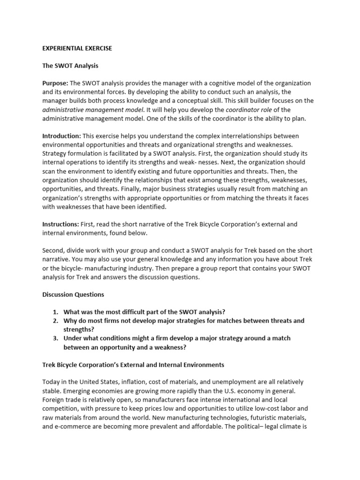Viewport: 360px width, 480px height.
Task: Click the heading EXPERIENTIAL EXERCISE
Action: pos(77,48)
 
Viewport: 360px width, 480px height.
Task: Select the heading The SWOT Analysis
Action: pos(70,66)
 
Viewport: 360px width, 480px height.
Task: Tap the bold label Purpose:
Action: pos(55,83)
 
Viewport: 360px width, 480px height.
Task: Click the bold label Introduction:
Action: pos(61,136)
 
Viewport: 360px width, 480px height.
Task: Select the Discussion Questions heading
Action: pos(73,295)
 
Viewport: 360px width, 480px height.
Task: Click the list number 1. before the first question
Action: pos(55,312)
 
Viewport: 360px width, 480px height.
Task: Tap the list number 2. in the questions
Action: pos(55,321)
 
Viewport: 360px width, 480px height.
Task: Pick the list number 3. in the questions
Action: pos(55,338)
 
